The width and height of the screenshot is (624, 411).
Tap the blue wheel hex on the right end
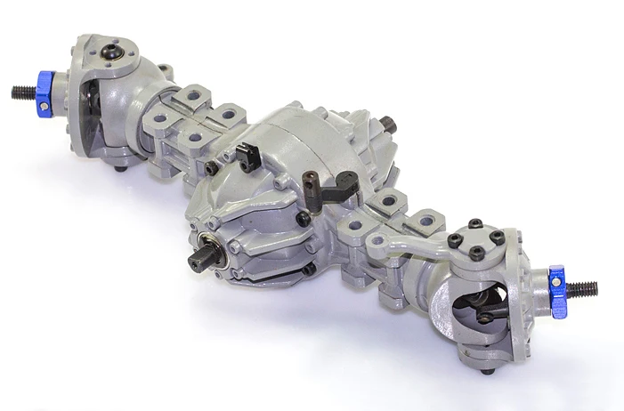[x=557, y=291]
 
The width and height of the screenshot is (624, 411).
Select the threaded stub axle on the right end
[x=583, y=289]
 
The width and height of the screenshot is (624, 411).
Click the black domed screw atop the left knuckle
[x=113, y=53]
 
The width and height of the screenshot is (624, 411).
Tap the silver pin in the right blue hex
[x=553, y=281]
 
